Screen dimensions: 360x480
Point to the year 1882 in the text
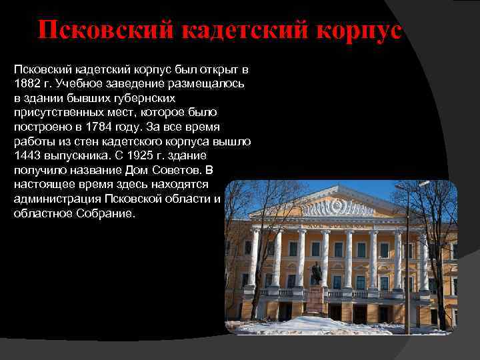(27, 83)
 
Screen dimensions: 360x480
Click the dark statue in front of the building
(317, 274)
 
